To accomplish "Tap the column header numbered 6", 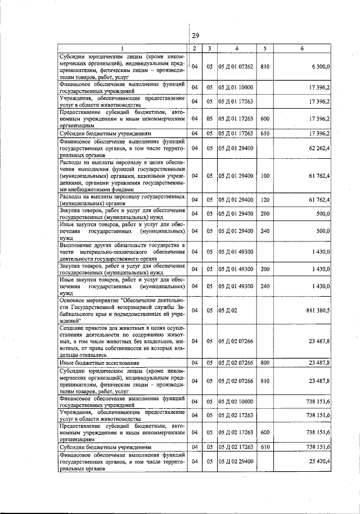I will tap(301, 48).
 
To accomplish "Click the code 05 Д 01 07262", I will tap(237, 66).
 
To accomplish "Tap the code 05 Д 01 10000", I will tap(237, 87).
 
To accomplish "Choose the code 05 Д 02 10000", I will tap(237, 401).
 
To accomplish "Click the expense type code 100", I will tap(265, 176).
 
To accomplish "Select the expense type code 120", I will tap(265, 200).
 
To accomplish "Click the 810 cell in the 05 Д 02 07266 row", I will tap(265, 381).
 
